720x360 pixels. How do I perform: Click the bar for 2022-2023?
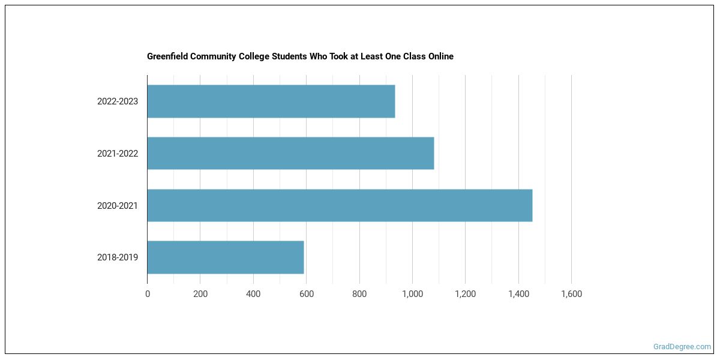coord(271,101)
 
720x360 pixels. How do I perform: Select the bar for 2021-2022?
coord(290,153)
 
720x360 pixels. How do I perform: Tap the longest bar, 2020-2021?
coord(340,205)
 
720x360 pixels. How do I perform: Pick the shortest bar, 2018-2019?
coord(226,257)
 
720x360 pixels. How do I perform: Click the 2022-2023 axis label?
coord(118,101)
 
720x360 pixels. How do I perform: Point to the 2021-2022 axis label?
coord(118,154)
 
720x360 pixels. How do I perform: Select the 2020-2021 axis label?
coord(118,206)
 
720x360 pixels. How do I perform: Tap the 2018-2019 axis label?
coord(118,257)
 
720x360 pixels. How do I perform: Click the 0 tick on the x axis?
coord(148,294)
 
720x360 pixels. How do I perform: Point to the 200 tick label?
coord(200,294)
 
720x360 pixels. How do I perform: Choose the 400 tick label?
coord(253,294)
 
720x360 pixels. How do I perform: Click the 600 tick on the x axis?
coord(307,294)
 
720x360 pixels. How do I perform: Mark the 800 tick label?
coord(359,294)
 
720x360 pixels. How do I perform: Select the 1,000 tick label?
coord(412,294)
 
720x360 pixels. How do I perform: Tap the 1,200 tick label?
coord(465,294)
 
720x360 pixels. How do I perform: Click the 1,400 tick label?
coord(518,294)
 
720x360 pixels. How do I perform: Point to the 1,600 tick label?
coord(571,294)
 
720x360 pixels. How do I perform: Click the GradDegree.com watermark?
coord(682,347)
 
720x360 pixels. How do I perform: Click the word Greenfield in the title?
coord(167,56)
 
